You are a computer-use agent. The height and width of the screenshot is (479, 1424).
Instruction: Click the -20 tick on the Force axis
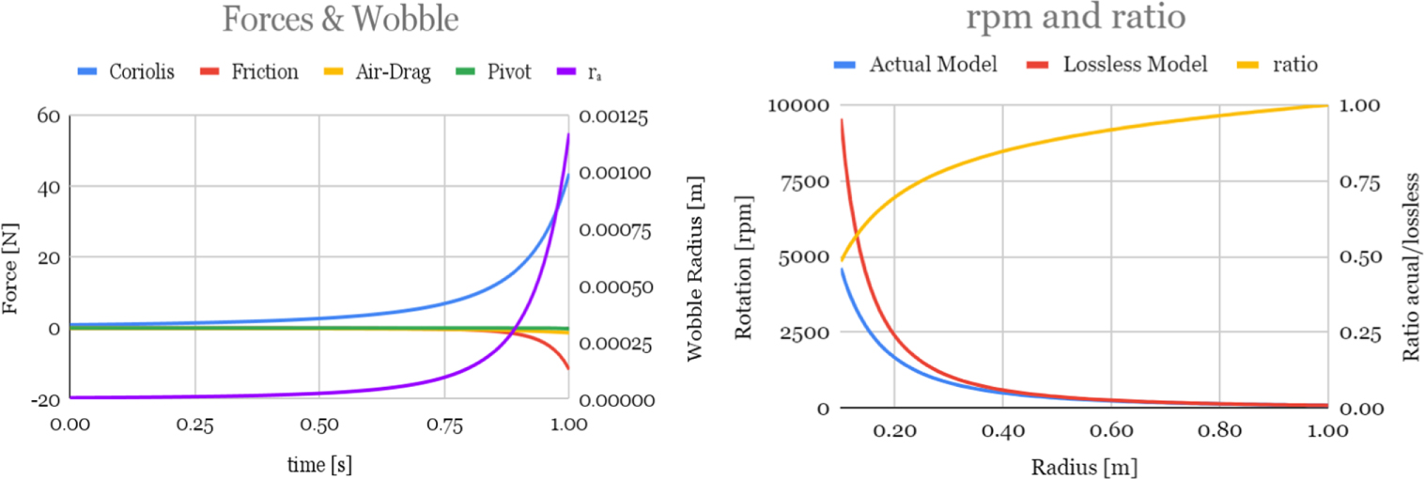44,399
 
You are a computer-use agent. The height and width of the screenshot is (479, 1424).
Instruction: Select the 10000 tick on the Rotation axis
796,105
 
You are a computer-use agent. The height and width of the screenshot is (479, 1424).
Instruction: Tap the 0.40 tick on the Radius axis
1002,432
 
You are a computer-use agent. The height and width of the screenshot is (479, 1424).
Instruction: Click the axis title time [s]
318,464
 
